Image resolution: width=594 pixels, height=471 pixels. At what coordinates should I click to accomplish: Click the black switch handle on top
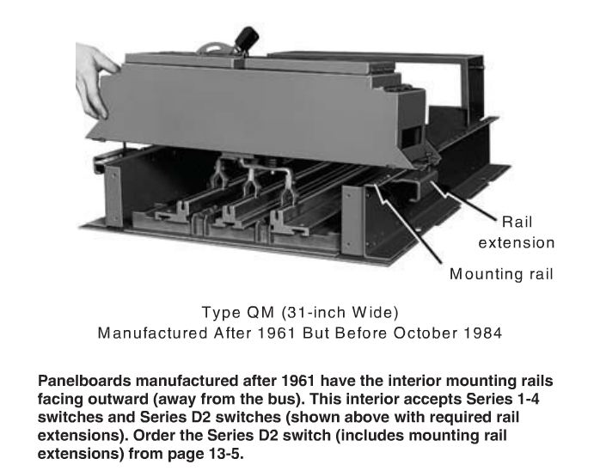247,39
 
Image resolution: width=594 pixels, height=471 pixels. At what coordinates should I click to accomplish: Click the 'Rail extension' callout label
517,232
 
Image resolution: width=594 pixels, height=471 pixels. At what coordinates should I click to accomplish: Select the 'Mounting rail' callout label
501,273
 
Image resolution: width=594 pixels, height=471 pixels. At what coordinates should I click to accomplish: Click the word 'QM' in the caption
260,313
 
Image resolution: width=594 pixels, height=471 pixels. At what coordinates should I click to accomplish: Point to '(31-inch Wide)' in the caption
340,313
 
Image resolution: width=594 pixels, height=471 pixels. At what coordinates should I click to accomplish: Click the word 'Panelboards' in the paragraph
84,381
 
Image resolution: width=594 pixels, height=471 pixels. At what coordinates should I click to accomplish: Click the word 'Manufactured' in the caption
152,333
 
